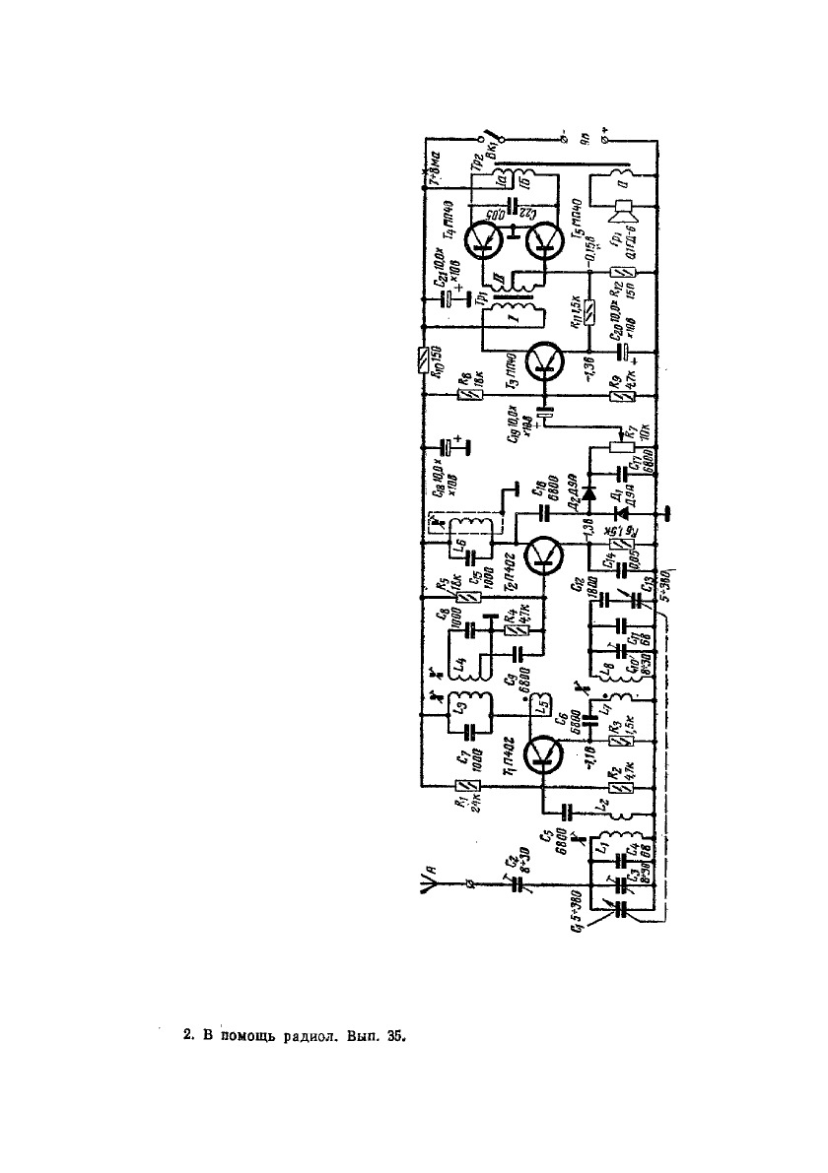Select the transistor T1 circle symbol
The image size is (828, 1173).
(542, 753)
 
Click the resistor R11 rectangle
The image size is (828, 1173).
(588, 313)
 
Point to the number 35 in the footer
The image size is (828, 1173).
(392, 1036)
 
